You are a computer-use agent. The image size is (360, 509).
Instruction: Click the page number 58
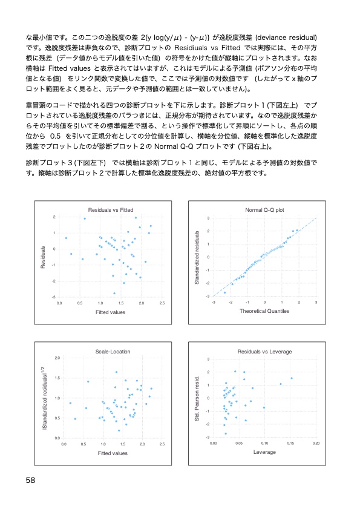pos(31,480)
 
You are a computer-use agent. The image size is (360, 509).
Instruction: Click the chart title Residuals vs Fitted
pos(111,209)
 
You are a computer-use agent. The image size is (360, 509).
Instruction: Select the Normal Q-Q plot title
pos(264,209)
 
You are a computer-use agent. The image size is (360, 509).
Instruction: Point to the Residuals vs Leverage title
pos(264,351)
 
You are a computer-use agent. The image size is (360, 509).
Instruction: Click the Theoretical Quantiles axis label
pos(264,311)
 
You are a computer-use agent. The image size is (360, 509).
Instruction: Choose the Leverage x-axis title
pos(264,452)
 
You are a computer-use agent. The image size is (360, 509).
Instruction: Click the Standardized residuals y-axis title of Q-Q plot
pos(197,257)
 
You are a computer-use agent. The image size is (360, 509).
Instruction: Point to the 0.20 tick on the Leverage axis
pos(316,443)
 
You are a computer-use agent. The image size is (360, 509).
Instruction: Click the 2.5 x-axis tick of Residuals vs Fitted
pos(162,302)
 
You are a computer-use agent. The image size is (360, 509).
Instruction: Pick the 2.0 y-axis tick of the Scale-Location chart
pos(56,359)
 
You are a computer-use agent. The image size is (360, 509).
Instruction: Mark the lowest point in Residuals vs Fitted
pos(114,294)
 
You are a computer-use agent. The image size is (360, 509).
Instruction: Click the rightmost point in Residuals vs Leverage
pos(292,378)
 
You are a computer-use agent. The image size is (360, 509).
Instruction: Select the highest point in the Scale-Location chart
pos(116,372)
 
